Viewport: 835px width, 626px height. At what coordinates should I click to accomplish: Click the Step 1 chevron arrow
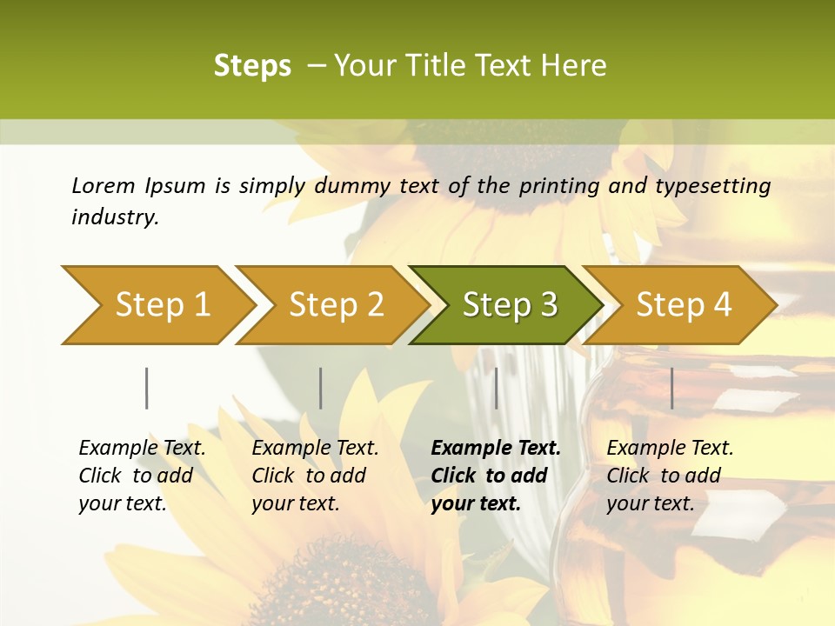click(x=161, y=304)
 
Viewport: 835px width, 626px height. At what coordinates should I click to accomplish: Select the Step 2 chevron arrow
click(x=335, y=304)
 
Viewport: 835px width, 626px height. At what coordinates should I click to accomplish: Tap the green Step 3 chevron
click(x=509, y=304)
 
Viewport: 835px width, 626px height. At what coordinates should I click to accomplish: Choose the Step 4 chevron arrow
click(x=683, y=304)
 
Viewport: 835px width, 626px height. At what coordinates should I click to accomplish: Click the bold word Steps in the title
click(x=252, y=66)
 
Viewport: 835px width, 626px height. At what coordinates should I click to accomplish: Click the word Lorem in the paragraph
click(x=103, y=185)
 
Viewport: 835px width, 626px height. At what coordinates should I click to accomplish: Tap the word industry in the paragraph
click(x=115, y=216)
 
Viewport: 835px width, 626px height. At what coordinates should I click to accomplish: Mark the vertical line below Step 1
click(x=147, y=388)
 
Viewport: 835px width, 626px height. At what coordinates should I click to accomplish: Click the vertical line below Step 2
click(x=321, y=388)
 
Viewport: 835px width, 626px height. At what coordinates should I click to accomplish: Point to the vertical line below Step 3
click(x=496, y=388)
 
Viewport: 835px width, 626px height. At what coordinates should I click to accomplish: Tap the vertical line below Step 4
click(x=672, y=388)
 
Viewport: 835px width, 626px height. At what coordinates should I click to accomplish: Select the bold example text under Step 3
click(x=495, y=476)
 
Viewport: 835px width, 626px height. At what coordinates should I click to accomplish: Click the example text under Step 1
click(x=142, y=476)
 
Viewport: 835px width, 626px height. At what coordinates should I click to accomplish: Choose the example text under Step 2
click(x=315, y=476)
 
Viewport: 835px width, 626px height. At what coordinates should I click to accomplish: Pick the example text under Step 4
click(x=670, y=476)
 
